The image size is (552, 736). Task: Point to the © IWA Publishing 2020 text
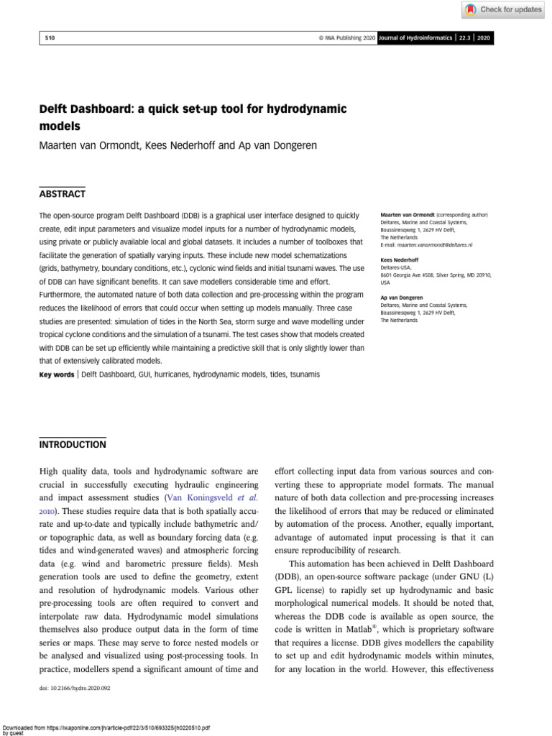342,37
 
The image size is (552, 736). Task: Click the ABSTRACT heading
62,194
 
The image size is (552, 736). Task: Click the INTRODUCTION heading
73,445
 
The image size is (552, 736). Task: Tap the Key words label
56,374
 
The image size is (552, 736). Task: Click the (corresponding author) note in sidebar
461,215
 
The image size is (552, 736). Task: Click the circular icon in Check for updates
470,9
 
